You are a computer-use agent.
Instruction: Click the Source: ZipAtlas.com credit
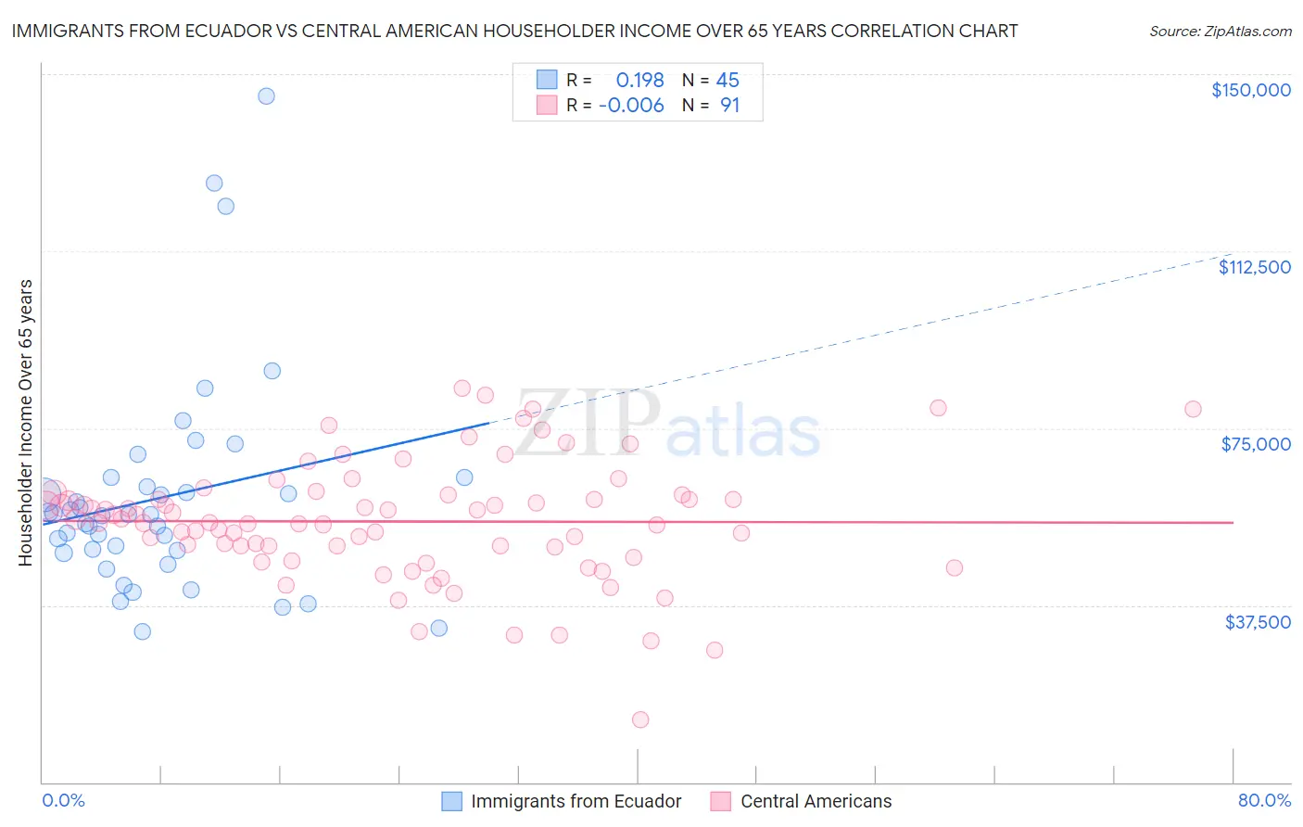tap(1220, 31)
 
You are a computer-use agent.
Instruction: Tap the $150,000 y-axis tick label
tap(1250, 90)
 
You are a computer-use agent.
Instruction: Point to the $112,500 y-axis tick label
tap(1254, 267)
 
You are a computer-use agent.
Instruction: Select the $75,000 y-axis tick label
tap(1255, 444)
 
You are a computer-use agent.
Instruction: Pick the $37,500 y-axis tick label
tap(1257, 622)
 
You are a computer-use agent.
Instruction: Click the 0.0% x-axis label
tap(63, 800)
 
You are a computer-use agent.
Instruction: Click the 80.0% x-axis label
tap(1263, 800)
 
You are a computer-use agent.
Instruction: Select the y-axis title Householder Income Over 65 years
tap(25, 422)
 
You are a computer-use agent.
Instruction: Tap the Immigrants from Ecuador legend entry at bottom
tap(575, 801)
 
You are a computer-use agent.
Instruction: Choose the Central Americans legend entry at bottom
tap(816, 801)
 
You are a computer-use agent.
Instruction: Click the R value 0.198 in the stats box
tap(639, 81)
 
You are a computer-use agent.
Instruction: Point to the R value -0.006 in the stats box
tap(631, 106)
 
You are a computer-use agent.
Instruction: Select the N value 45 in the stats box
tap(727, 81)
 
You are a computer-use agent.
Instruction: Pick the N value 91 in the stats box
tap(729, 106)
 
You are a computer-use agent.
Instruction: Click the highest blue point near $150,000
tap(266, 95)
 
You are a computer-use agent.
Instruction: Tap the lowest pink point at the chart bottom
tap(639, 719)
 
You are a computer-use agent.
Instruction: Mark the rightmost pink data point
tap(1193, 409)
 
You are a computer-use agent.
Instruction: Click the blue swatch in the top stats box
tap(547, 81)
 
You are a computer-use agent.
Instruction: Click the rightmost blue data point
tap(464, 477)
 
